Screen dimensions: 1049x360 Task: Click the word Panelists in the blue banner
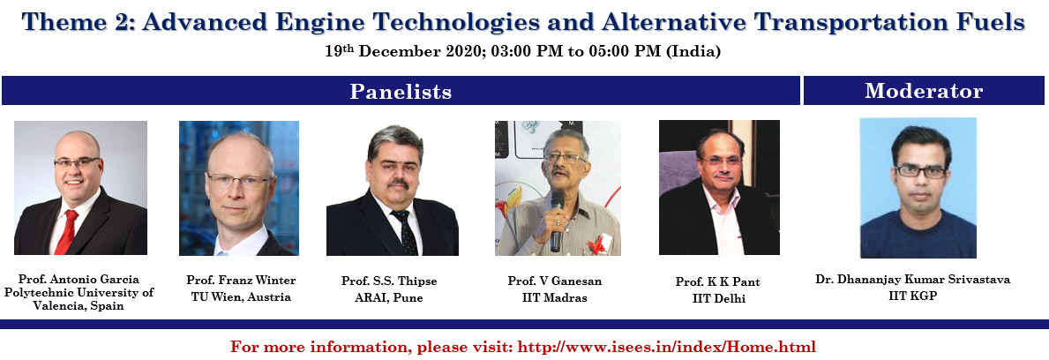point(401,92)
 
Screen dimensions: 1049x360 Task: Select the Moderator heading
point(924,91)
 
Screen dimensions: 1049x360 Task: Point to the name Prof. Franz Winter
point(241,281)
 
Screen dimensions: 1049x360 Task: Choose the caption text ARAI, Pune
point(389,297)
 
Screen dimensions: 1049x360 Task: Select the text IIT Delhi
point(718,298)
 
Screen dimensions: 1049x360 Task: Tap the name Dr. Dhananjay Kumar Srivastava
point(912,279)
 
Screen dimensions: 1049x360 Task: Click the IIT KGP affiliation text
point(912,296)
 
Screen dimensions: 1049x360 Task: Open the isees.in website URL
point(667,348)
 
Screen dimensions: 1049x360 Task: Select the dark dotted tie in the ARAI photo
point(406,231)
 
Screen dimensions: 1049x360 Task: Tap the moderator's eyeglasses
point(920,171)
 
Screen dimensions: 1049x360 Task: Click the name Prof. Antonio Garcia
point(79,279)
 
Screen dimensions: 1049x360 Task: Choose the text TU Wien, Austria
point(241,297)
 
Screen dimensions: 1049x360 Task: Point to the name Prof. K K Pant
point(718,281)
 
